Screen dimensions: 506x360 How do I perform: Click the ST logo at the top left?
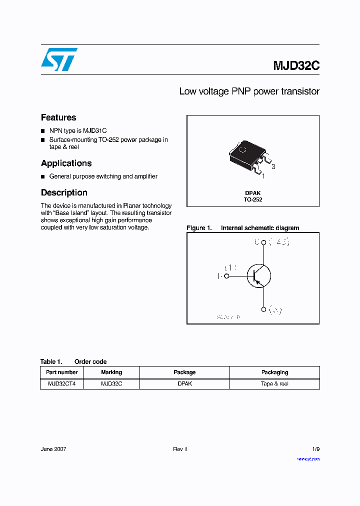[x=59, y=59]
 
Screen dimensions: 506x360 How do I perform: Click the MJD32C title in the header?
[x=296, y=66]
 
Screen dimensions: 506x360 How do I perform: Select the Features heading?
[x=58, y=117]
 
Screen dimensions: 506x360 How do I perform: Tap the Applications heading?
[x=66, y=163]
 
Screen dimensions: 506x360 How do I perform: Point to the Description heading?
[x=64, y=192]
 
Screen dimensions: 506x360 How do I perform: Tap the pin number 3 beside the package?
[x=273, y=166]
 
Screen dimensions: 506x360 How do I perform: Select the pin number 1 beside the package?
[x=263, y=176]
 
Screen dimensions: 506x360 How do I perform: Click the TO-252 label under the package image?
[x=253, y=199]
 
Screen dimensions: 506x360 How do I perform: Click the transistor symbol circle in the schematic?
[x=259, y=275]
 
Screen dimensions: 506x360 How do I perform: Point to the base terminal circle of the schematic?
[x=226, y=275]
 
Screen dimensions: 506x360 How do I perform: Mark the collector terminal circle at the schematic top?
[x=263, y=242]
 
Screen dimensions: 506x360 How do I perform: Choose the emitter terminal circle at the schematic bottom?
[x=263, y=309]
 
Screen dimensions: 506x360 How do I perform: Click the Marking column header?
[x=111, y=372]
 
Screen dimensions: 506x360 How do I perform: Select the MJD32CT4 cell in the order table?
[x=61, y=383]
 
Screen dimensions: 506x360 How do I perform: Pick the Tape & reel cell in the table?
[x=274, y=383]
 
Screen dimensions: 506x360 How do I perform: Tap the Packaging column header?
[x=274, y=372]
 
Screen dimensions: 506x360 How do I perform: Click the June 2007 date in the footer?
[x=53, y=449]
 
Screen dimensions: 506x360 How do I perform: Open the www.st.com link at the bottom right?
[x=308, y=458]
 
